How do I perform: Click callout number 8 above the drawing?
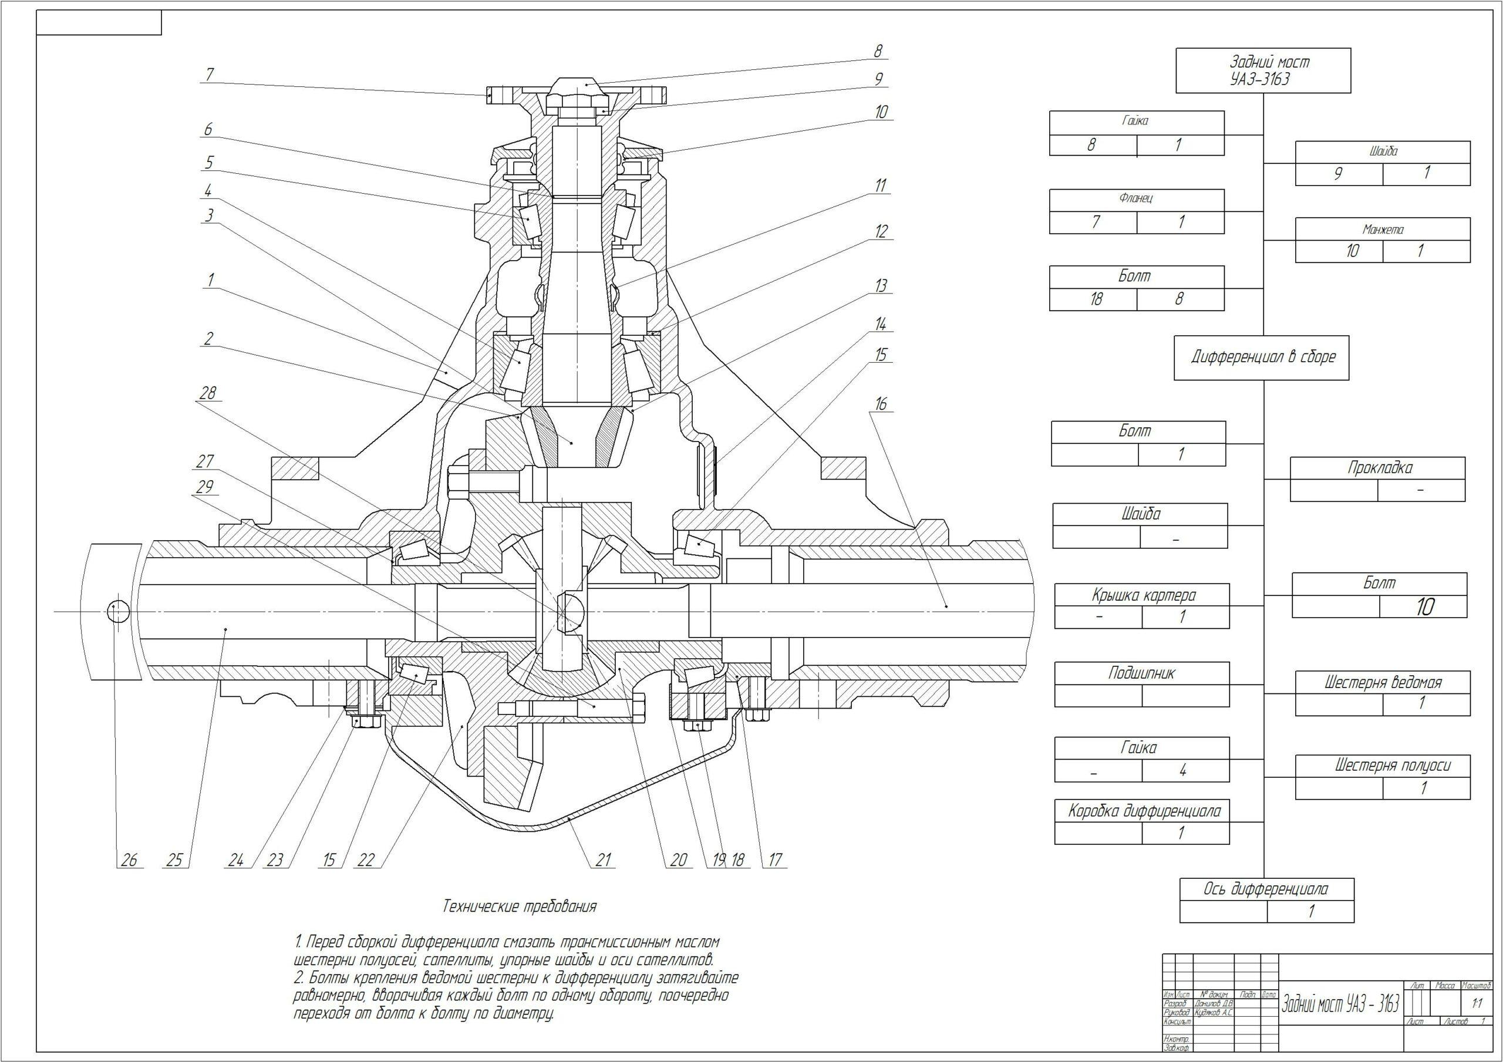(878, 50)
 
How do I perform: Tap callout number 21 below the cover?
(603, 859)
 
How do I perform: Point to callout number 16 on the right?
(881, 404)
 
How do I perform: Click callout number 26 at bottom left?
(129, 859)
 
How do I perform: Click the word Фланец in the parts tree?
(1135, 197)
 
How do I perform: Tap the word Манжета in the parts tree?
(1383, 230)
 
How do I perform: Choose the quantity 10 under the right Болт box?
(1424, 607)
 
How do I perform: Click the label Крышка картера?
(1143, 595)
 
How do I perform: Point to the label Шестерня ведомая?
(1383, 682)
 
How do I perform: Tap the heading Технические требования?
(520, 907)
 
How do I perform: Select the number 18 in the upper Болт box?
(1096, 299)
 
